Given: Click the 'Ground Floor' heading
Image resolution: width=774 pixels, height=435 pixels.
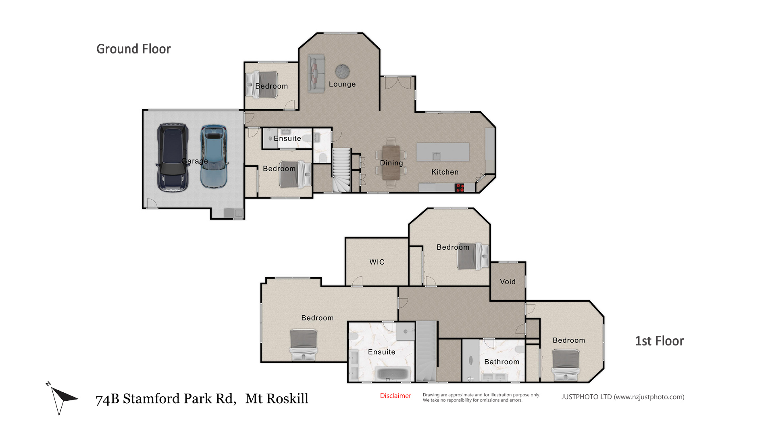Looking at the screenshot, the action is click(133, 49).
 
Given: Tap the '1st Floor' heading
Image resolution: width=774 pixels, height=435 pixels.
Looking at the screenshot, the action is click(660, 341).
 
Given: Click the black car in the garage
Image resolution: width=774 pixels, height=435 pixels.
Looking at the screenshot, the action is click(173, 157).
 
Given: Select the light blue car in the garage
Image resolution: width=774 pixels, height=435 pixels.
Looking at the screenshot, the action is click(214, 157).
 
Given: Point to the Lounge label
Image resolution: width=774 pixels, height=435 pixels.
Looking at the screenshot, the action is click(342, 84).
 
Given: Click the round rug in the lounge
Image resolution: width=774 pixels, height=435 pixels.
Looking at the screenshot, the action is click(342, 71).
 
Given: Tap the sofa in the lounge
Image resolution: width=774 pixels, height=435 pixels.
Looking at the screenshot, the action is click(316, 74).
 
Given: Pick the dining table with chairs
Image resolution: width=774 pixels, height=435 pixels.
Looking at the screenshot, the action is click(391, 162).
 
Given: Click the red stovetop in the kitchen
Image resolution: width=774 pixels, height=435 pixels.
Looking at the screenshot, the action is click(460, 187).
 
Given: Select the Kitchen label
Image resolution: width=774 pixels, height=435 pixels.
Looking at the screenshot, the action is click(445, 172).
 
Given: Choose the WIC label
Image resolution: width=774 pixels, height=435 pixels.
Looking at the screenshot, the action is click(377, 262).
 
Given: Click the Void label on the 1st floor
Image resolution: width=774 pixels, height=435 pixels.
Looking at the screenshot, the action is click(508, 282).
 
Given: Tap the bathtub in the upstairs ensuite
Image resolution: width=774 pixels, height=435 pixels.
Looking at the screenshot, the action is click(393, 374).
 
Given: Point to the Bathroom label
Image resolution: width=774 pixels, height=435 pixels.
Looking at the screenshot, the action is click(501, 362).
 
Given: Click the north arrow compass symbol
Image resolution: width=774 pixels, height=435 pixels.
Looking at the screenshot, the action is click(61, 398).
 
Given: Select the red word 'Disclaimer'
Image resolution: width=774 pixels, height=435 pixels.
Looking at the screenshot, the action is click(395, 396).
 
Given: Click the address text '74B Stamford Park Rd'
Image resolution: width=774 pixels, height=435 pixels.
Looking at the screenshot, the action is click(166, 399).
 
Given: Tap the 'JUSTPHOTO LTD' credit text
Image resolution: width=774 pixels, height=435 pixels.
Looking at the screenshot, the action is click(587, 397).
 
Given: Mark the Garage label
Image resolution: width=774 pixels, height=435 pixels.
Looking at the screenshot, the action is click(195, 161).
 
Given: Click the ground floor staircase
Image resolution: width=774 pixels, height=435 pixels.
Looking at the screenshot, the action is click(341, 170).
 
